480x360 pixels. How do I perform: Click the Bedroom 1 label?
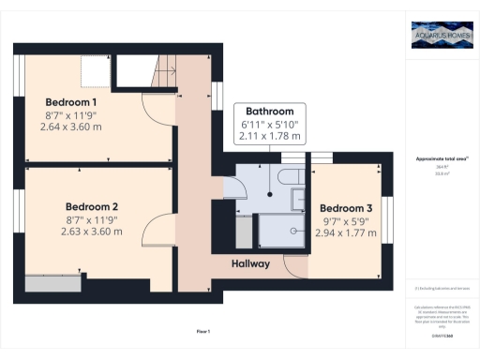click(x=71, y=101)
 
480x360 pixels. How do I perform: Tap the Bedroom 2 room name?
click(x=91, y=206)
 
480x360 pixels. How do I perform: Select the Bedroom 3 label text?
click(x=347, y=207)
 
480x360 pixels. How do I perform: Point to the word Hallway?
click(x=251, y=263)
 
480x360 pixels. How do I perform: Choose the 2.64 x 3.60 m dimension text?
click(x=71, y=127)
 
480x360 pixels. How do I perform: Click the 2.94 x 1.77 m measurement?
click(x=347, y=233)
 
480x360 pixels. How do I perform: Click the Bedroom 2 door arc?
click(x=159, y=229)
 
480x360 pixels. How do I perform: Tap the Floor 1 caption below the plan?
click(x=203, y=332)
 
